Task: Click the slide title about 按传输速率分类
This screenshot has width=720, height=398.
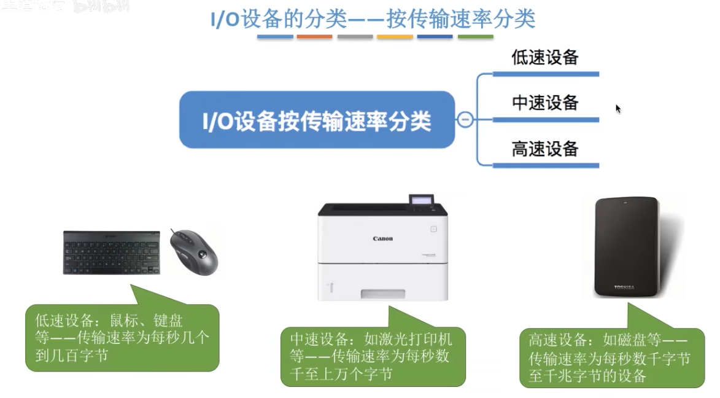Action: click(373, 19)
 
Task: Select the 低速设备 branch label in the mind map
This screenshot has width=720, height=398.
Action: click(545, 58)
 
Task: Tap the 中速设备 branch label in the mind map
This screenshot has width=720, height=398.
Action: click(545, 103)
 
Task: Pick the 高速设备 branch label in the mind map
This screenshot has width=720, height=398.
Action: click(545, 149)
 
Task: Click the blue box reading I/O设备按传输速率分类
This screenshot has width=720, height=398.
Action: click(317, 120)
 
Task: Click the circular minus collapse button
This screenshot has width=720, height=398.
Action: click(465, 120)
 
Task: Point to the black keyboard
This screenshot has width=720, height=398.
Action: click(111, 252)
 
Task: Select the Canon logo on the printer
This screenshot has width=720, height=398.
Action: click(382, 238)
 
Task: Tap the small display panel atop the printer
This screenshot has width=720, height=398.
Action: click(422, 201)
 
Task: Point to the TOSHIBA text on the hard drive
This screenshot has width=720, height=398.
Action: click(624, 287)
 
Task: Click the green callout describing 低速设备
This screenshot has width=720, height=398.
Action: click(122, 338)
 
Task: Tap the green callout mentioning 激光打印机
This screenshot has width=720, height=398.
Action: click(373, 356)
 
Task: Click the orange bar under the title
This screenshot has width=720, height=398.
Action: click(314, 37)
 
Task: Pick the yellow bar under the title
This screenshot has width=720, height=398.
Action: click(395, 37)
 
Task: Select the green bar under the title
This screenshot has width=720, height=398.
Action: click(475, 37)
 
